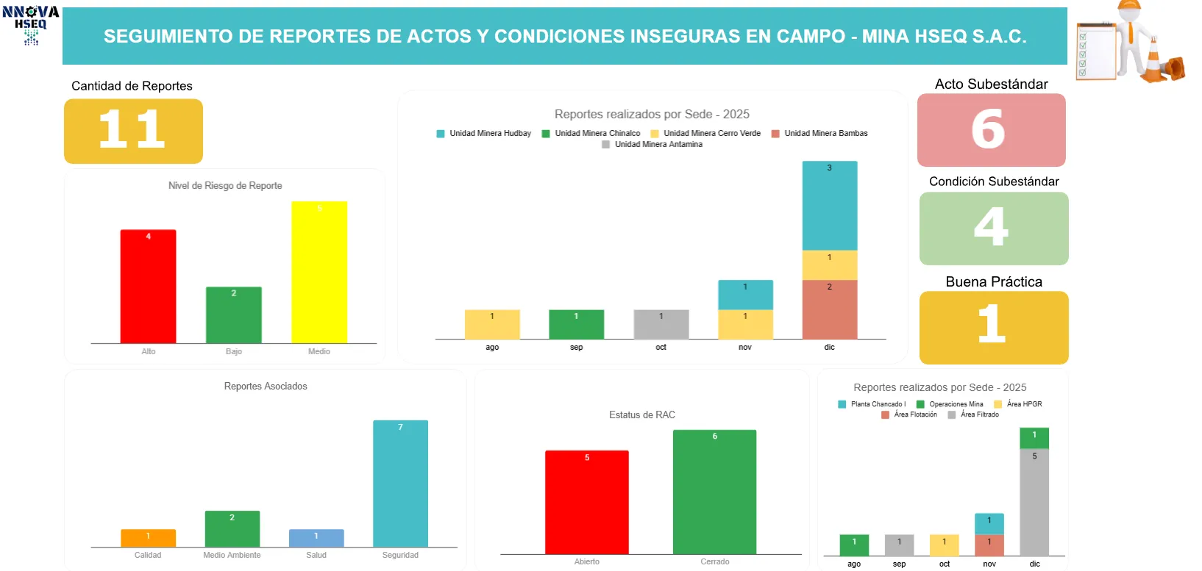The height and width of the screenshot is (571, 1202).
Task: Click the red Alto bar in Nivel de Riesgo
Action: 148,286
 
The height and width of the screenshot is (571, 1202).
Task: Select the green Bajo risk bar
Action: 233,315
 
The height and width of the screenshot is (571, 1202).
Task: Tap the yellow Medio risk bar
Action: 319,272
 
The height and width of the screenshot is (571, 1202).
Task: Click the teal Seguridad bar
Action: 400,483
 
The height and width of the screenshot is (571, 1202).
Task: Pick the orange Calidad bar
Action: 148,538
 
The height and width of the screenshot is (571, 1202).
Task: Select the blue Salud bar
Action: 316,538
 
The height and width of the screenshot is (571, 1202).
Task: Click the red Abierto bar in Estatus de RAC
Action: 586,502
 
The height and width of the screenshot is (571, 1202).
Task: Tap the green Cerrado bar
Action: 714,492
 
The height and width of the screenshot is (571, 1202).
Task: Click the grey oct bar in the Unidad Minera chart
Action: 661,324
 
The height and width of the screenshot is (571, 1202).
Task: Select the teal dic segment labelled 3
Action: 829,206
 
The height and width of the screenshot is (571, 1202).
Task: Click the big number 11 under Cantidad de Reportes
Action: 132,130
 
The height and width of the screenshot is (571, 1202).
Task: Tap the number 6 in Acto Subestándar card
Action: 989,130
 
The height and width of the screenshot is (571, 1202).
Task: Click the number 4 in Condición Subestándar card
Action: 992,227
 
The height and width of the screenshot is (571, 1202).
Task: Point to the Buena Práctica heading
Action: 994,282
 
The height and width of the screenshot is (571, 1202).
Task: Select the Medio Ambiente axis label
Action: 232,556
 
